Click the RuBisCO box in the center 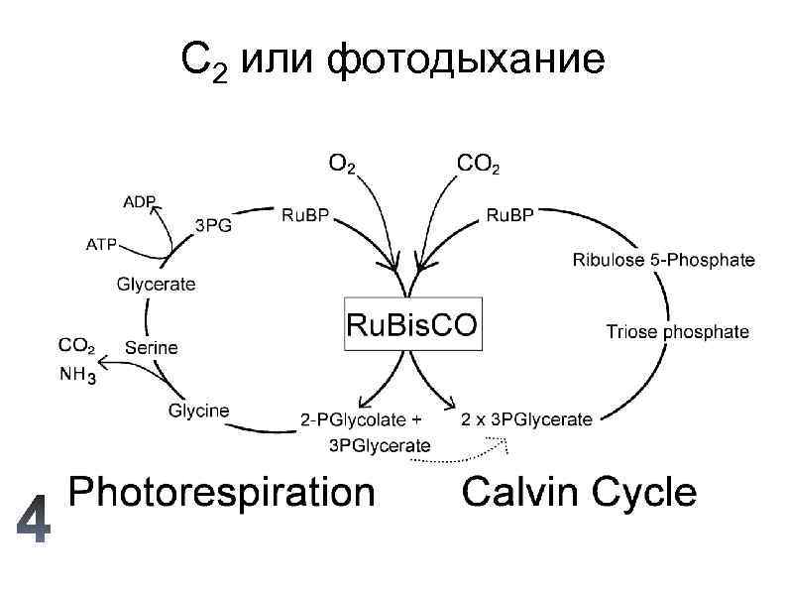[x=411, y=323]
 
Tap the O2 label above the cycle [x=342, y=163]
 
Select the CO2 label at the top [x=478, y=163]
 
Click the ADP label [x=140, y=201]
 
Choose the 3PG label [x=213, y=225]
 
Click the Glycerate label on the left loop [x=157, y=284]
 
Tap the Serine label [x=152, y=347]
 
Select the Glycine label [x=199, y=410]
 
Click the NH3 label [x=78, y=375]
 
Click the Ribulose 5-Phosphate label [x=664, y=261]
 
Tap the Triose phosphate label [x=677, y=332]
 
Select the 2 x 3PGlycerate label [x=527, y=419]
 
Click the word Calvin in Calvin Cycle [x=518, y=492]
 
